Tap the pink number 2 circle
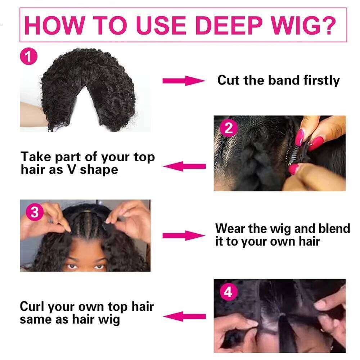[x=229, y=129]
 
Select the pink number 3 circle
[x=34, y=212]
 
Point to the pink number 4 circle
[x=228, y=292]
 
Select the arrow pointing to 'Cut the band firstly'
[x=183, y=81]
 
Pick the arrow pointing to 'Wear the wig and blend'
[x=183, y=236]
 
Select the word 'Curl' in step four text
[x=32, y=307]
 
